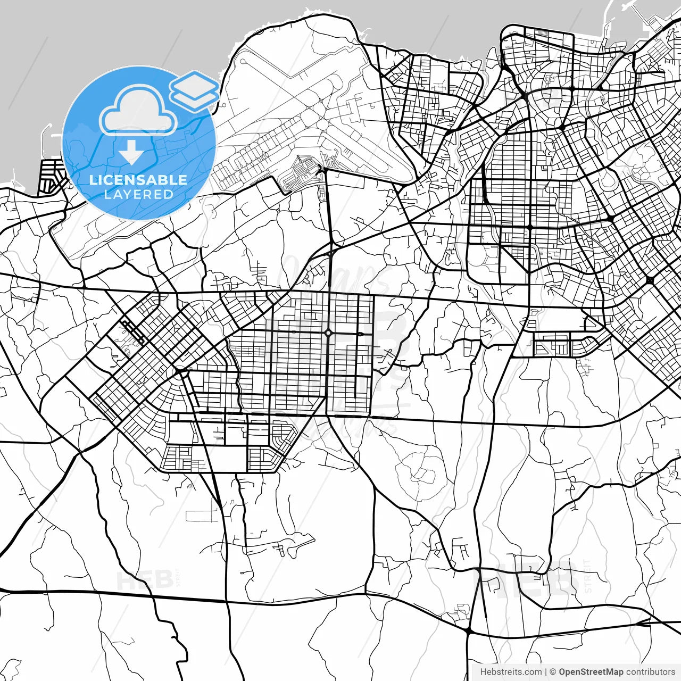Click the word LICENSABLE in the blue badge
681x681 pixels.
(138, 180)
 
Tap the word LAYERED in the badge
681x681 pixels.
(138, 194)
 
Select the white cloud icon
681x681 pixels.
(138, 112)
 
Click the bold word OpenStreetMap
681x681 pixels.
(591, 672)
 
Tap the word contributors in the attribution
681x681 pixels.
(650, 672)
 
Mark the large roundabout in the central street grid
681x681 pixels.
(328, 334)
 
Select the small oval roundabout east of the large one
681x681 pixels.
(360, 334)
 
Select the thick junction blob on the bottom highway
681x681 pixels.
(468, 630)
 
